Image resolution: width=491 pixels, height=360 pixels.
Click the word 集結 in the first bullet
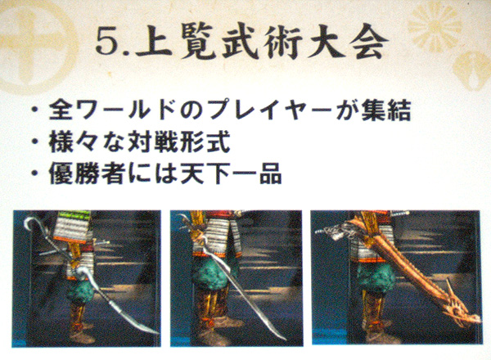[385, 110]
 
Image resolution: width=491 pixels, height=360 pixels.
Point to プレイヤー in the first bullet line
[270, 110]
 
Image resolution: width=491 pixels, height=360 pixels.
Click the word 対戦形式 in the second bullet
[178, 142]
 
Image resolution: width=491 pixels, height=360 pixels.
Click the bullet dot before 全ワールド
[36, 110]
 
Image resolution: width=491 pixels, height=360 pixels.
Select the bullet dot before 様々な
[36, 142]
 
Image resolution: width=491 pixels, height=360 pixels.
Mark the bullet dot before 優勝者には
[36, 173]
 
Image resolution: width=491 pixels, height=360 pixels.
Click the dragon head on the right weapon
[461, 309]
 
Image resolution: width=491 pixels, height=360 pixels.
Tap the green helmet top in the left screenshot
[73, 214]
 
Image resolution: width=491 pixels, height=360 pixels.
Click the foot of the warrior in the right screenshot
[381, 336]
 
